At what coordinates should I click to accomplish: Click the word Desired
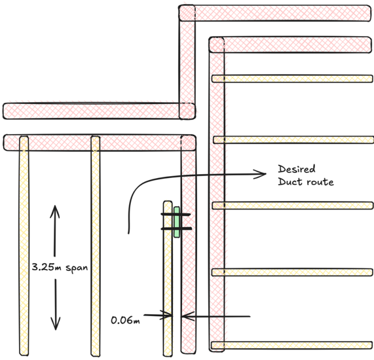[x=297, y=169]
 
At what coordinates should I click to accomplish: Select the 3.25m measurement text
[x=47, y=267]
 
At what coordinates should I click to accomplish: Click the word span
[x=77, y=268]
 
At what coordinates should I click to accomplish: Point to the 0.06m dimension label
[x=126, y=320]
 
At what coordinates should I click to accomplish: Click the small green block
[x=176, y=222]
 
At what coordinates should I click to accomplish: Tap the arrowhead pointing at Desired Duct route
[x=260, y=174]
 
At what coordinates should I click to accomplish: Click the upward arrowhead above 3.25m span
[x=55, y=211]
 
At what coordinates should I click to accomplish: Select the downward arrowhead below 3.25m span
[x=56, y=323]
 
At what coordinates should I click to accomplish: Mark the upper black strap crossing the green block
[x=176, y=214]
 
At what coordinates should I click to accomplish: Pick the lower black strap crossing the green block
[x=176, y=228]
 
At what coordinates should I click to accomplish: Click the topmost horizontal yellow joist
[x=292, y=79]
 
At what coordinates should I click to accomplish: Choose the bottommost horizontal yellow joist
[x=292, y=345]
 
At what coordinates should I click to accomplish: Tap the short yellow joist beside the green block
[x=168, y=278]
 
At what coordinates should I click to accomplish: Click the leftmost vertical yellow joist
[x=24, y=245]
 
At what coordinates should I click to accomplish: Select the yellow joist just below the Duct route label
[x=293, y=206]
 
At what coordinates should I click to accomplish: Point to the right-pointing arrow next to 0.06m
[x=158, y=315]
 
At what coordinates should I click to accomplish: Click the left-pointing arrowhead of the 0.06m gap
[x=187, y=316]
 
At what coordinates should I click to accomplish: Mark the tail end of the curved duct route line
[x=129, y=234]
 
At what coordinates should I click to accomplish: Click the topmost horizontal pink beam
[x=275, y=13]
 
